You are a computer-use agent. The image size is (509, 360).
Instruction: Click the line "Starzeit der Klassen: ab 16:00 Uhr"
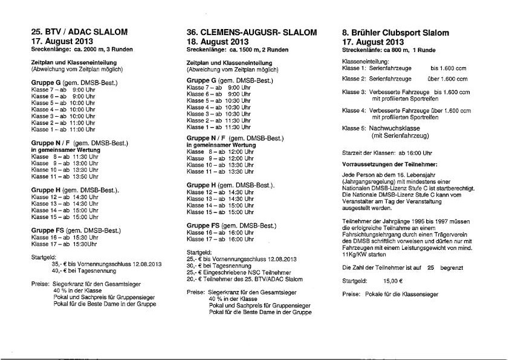point(387,152)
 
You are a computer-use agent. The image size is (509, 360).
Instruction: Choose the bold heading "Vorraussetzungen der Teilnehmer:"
point(390,164)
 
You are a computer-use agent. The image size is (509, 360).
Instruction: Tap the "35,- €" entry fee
point(59,264)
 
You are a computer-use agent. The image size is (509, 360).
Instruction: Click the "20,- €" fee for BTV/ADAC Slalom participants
point(195,279)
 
